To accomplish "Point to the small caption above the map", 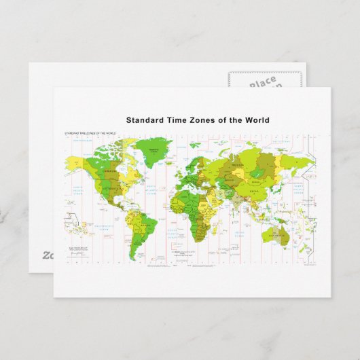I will point(90,133).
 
